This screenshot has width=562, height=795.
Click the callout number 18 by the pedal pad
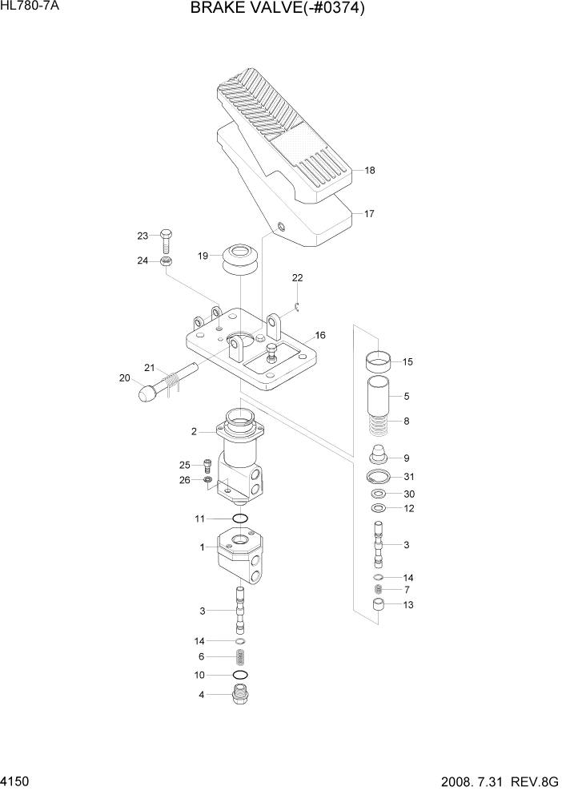pos(370,171)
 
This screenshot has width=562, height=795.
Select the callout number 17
pos(369,214)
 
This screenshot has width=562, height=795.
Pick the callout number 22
pos(297,278)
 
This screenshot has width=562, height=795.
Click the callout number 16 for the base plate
pos(319,335)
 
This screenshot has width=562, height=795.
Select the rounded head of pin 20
pos(147,393)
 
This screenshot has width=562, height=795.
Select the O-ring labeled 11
pos(239,519)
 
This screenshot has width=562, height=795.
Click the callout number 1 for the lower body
pos(203,547)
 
